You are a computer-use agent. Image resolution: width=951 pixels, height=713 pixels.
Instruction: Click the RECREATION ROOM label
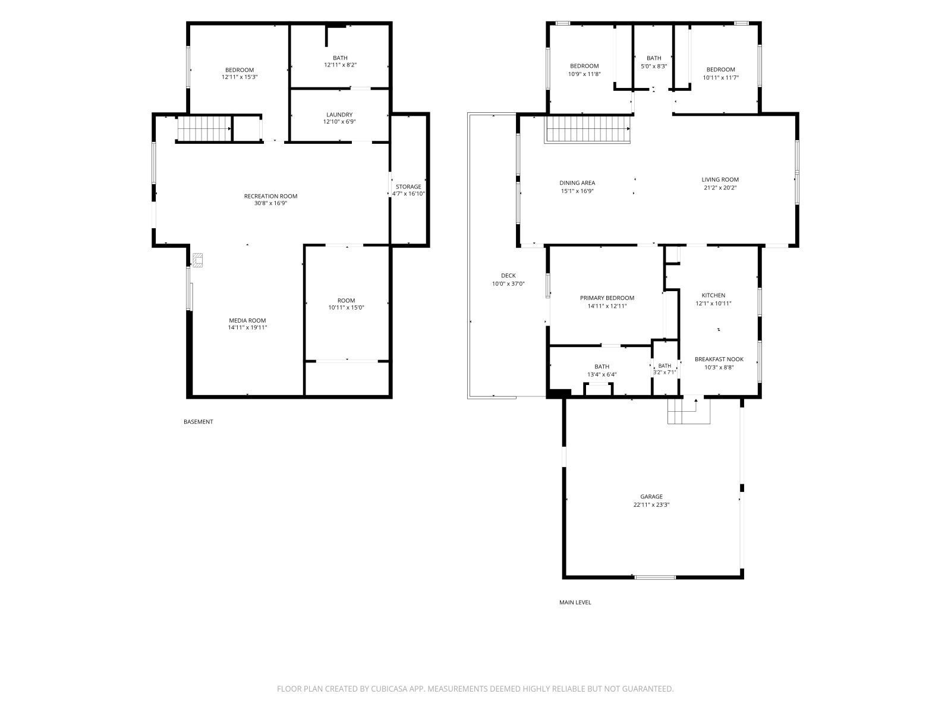click(270, 196)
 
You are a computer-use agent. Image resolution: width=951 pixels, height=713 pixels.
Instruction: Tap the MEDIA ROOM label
click(247, 320)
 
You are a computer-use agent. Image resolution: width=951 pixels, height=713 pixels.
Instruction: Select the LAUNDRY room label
click(339, 115)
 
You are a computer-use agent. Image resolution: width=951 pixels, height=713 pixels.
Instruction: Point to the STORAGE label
click(408, 187)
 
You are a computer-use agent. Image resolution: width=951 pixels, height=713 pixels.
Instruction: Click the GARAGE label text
click(651, 497)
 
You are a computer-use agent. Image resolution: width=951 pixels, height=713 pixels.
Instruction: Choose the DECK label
click(508, 275)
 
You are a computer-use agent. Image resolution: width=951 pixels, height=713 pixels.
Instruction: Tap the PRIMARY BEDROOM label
click(607, 298)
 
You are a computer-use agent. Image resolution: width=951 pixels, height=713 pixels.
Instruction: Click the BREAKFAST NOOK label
click(719, 359)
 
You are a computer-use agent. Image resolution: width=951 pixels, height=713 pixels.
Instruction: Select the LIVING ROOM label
click(720, 179)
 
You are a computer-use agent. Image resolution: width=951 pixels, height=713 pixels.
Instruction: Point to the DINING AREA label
click(577, 182)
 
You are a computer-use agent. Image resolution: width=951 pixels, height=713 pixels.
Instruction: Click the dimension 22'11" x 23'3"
click(651, 505)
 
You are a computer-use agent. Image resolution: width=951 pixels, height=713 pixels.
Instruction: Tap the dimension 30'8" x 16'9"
click(270, 203)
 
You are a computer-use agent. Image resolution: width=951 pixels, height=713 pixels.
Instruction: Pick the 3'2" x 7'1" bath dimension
click(664, 373)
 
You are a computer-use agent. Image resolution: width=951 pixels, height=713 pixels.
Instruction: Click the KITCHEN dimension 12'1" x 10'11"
click(713, 304)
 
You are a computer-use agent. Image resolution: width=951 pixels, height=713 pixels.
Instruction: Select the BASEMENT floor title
click(198, 422)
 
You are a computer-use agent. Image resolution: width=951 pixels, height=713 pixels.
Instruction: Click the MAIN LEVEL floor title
click(575, 602)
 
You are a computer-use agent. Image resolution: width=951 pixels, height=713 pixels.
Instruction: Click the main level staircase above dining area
click(587, 129)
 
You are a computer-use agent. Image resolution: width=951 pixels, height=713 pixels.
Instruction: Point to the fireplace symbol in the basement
click(197, 260)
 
